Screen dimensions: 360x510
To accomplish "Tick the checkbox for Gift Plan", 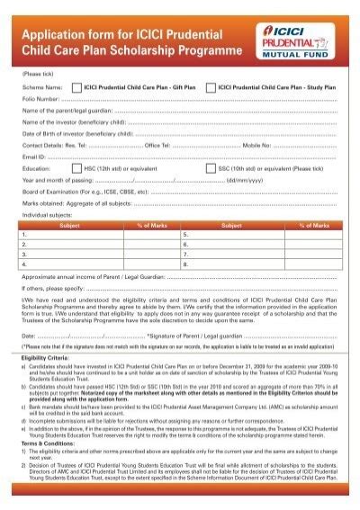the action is click(76, 88).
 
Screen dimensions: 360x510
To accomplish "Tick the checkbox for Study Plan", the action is click(211, 88).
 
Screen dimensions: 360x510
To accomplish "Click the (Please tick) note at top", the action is click(39, 75).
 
